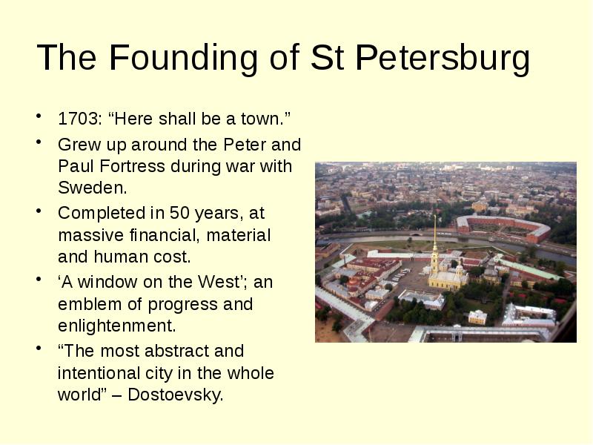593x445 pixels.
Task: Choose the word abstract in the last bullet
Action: [x=179, y=351]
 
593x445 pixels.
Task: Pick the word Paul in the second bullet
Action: [x=73, y=166]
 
